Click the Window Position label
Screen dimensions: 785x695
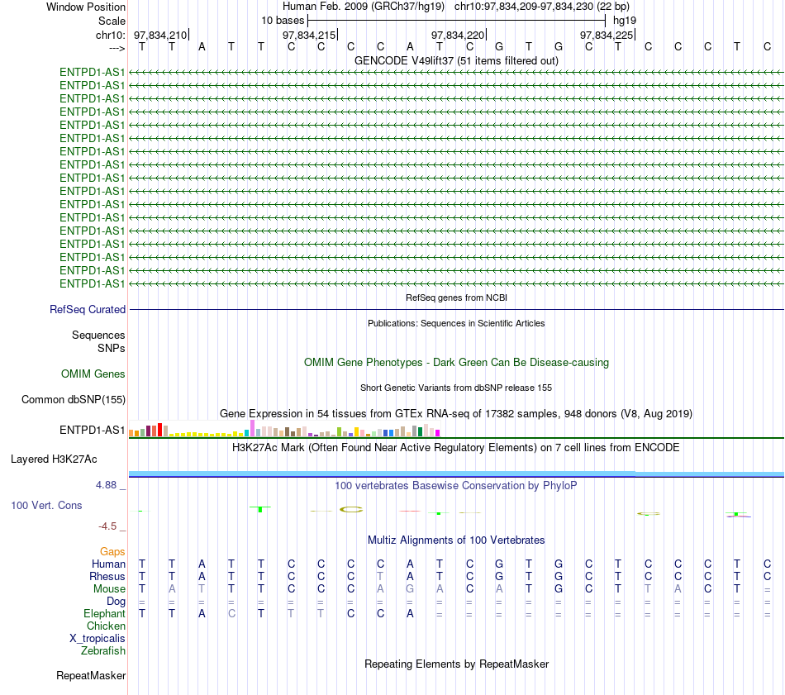(x=86, y=7)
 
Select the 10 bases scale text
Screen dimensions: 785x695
(x=283, y=21)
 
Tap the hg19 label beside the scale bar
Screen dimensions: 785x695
(x=625, y=21)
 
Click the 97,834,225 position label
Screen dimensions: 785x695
(x=607, y=35)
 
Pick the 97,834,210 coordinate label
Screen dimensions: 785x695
(x=160, y=35)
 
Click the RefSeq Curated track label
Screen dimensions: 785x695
(x=88, y=309)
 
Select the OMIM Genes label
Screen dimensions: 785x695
(x=93, y=374)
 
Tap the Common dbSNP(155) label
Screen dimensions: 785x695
(x=74, y=400)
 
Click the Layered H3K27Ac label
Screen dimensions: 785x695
(x=54, y=459)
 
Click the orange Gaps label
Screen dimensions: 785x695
(x=112, y=552)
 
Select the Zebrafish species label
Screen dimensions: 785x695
(x=103, y=651)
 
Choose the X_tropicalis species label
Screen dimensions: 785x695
(x=98, y=639)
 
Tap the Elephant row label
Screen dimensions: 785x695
(x=105, y=614)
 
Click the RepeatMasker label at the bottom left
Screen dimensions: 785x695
(x=91, y=676)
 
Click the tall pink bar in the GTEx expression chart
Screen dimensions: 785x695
(x=252, y=428)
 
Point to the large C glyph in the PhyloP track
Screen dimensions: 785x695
(x=351, y=510)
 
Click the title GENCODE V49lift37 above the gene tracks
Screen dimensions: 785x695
(x=403, y=60)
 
